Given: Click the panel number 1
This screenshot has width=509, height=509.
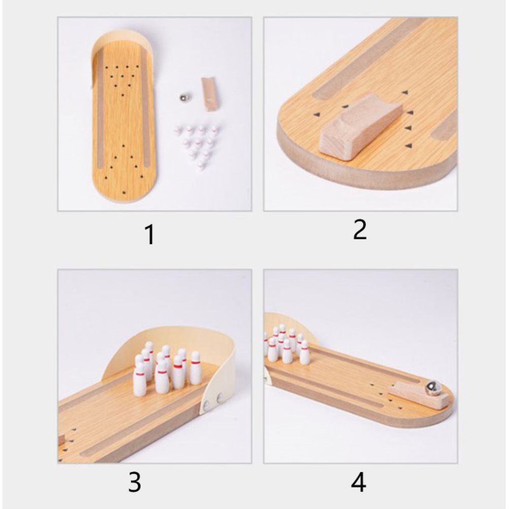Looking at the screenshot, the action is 150,234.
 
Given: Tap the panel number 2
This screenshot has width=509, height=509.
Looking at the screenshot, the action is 360,230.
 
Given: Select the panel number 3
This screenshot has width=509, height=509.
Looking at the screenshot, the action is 135,483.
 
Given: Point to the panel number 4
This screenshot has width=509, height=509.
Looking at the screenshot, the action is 358,483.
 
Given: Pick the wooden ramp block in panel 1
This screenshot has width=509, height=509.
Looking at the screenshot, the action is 209,94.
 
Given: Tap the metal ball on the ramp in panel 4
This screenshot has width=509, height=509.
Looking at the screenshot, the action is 431,388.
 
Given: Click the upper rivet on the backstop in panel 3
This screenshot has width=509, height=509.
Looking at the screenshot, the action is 220,397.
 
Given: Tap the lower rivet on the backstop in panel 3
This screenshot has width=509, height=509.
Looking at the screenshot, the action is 206,404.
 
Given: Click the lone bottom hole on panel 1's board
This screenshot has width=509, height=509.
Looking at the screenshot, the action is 123,193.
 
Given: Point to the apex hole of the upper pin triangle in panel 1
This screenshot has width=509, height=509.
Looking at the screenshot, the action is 123,95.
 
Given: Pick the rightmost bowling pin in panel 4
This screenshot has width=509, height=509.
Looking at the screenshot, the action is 304,352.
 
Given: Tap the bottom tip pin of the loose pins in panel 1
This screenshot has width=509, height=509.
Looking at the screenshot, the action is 202,165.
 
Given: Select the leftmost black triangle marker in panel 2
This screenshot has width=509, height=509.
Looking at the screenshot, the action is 315,114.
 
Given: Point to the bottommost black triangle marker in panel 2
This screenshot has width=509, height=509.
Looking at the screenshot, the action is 409,146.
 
